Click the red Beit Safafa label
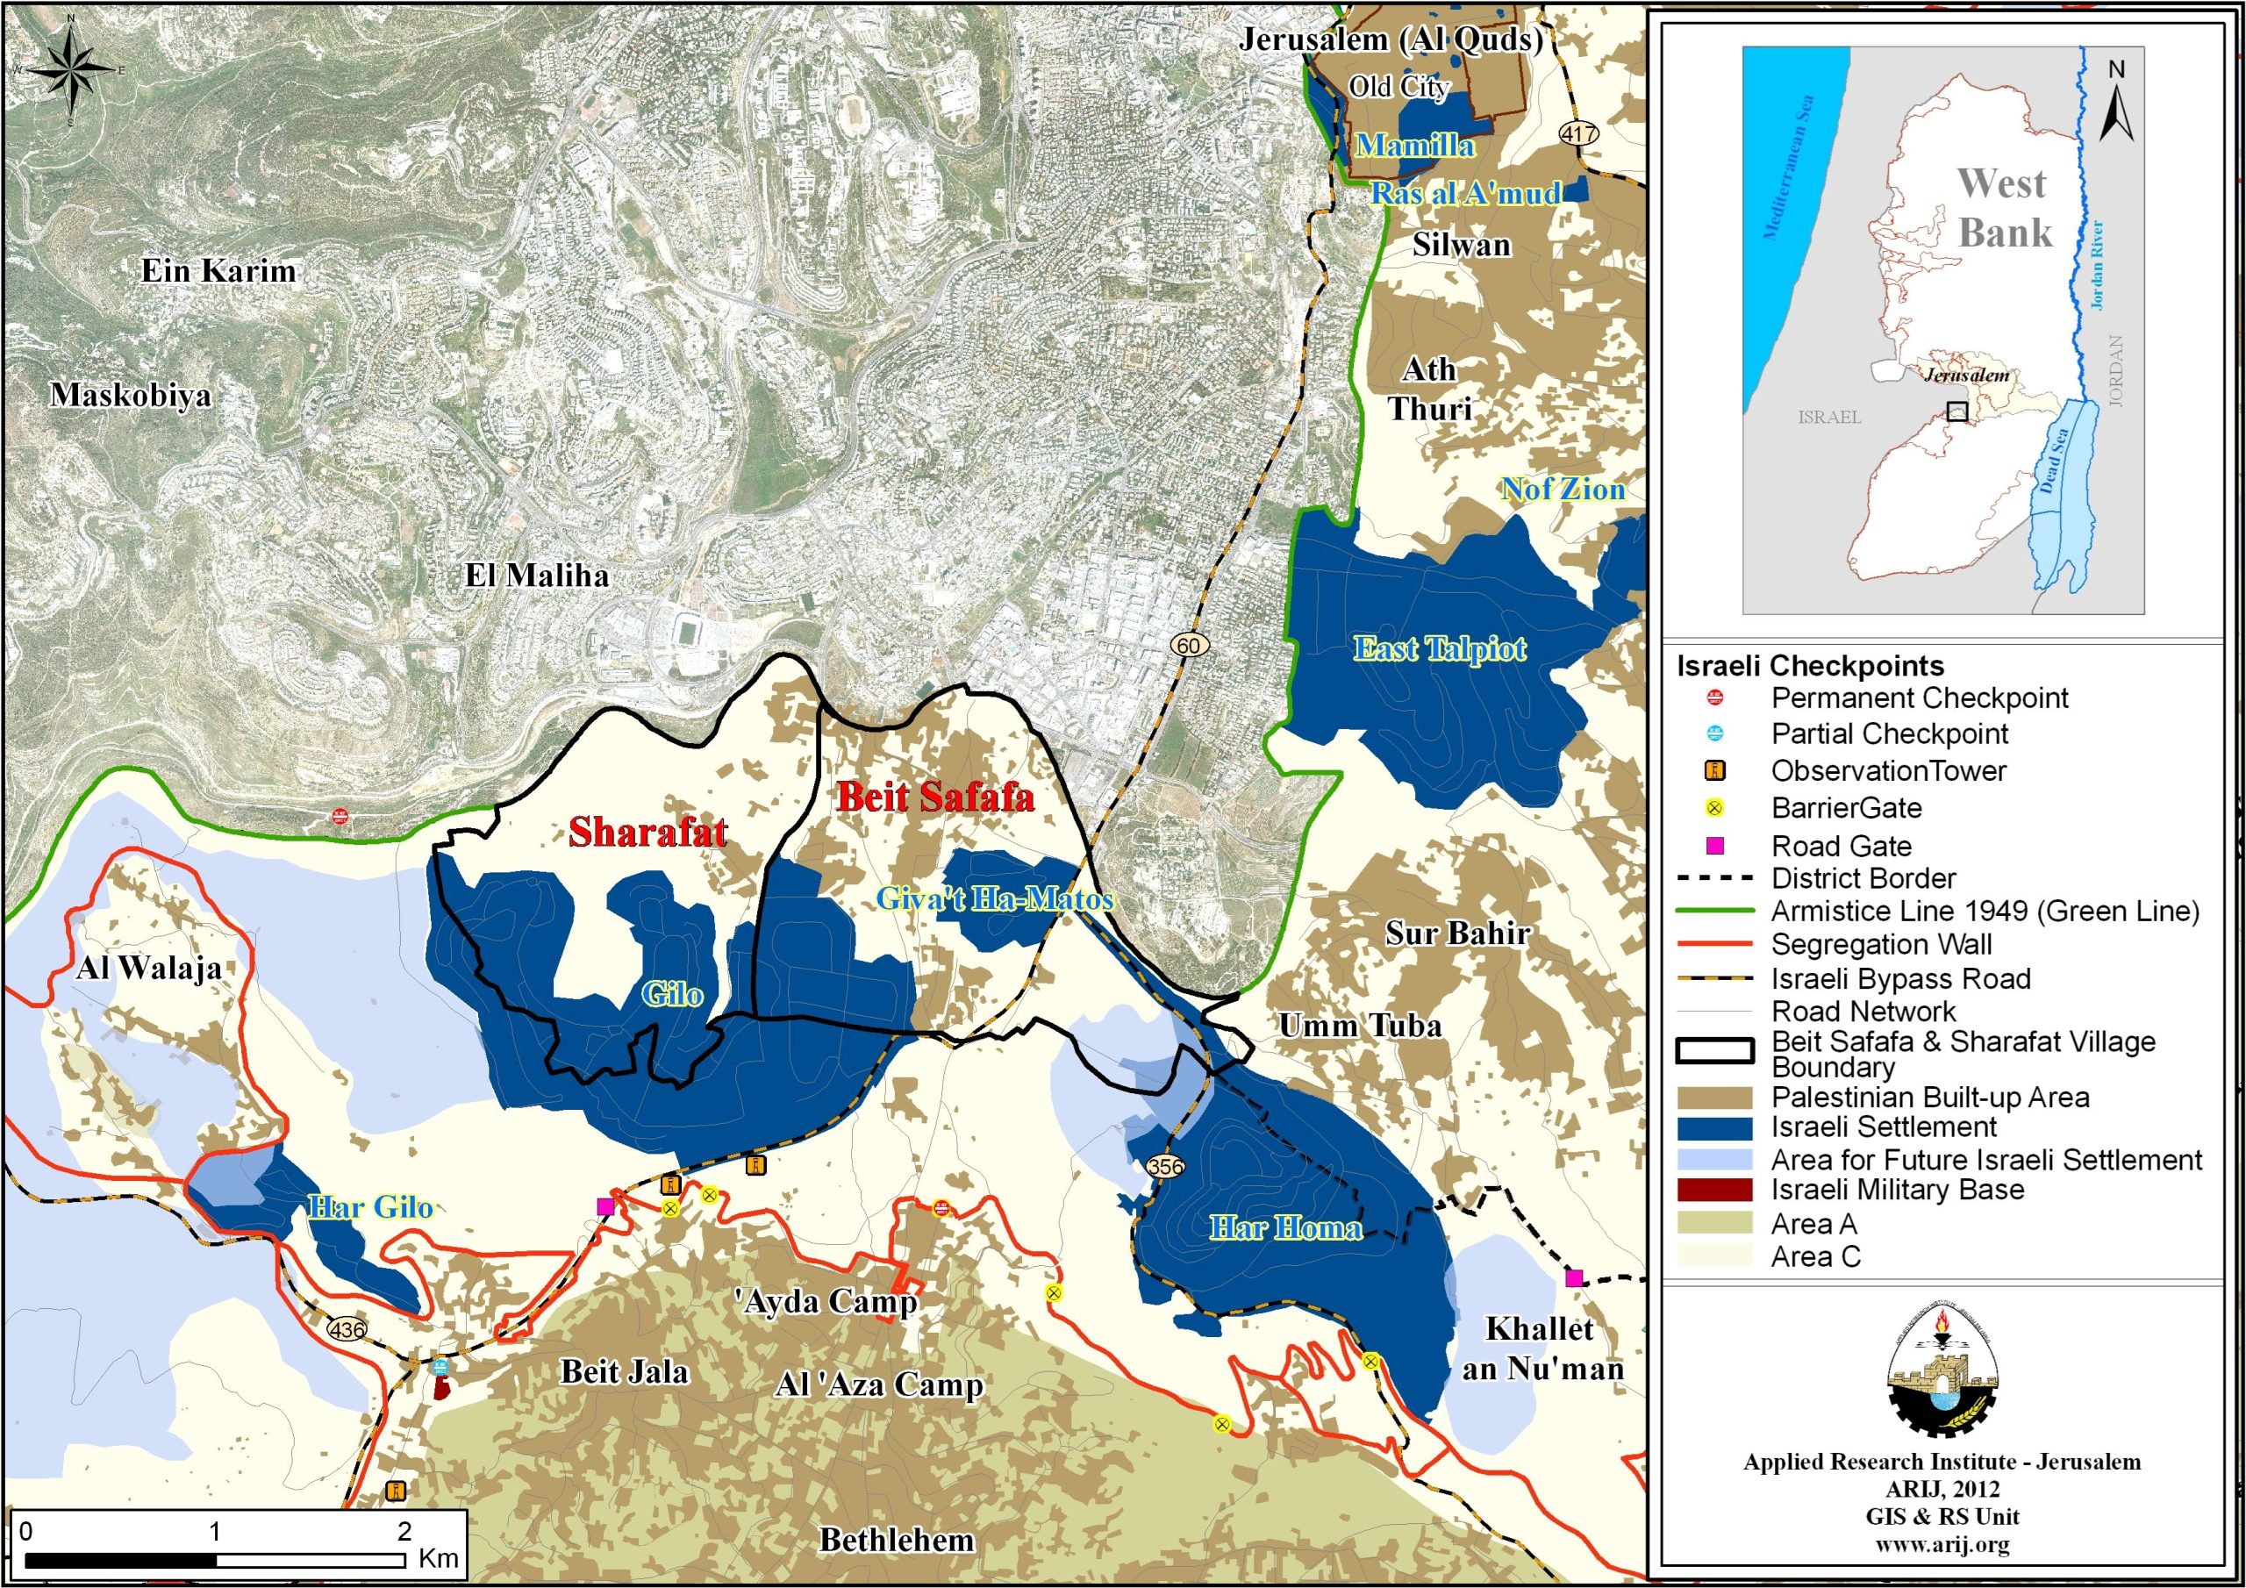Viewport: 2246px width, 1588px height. [x=935, y=798]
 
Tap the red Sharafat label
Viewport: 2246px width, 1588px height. [x=647, y=832]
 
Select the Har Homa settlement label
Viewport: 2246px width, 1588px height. [x=1285, y=1228]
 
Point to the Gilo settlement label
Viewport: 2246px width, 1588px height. [x=672, y=995]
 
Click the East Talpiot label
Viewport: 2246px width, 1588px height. [x=1439, y=647]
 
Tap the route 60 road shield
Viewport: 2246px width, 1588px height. [x=1189, y=645]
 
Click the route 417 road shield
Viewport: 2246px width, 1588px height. [x=1579, y=133]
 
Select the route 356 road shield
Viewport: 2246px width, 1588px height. [x=1165, y=1167]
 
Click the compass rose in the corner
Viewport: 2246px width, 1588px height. [x=71, y=70]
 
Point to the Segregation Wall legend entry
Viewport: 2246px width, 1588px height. [x=1881, y=944]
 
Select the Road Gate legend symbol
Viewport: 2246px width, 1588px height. [x=1715, y=846]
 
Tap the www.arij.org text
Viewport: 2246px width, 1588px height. [x=1941, y=1545]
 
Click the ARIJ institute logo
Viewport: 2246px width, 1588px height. [x=1942, y=1372]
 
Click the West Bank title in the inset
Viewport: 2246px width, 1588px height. [x=2003, y=207]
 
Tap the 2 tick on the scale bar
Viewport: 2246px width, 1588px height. [x=404, y=1531]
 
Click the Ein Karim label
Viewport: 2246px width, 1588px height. [x=218, y=271]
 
